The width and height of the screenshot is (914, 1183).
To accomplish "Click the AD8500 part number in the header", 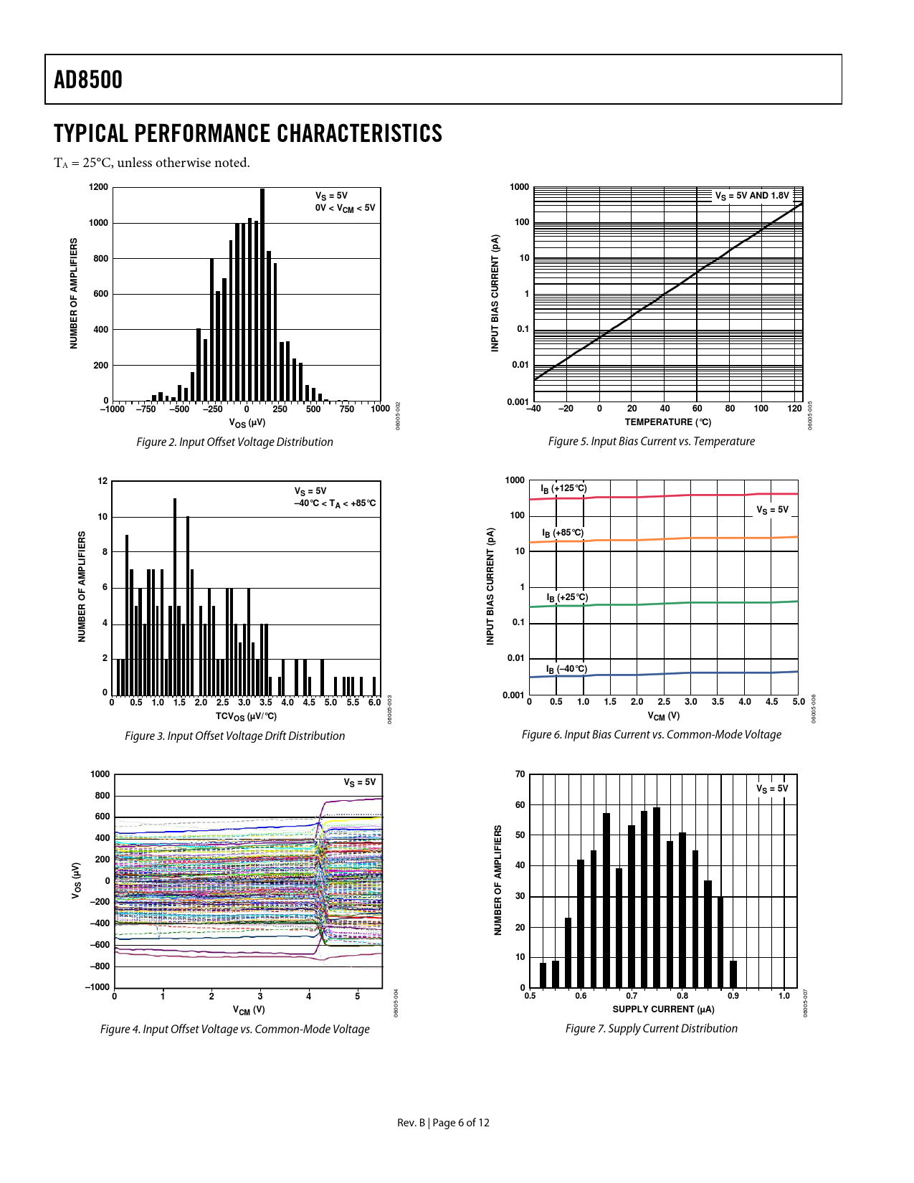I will pos(88,80).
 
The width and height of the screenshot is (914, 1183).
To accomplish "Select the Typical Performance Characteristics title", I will pos(248,134).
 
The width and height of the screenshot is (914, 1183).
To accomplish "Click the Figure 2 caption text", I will pos(234,442).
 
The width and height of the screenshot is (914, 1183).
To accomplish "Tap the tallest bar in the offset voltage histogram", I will pos(262,294).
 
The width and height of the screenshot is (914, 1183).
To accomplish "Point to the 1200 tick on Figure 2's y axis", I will pos(99,187).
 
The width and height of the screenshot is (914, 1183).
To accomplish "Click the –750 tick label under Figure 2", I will pos(146,409).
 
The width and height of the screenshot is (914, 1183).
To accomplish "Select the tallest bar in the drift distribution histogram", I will pos(175,595).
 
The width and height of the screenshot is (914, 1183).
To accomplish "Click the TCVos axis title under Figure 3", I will pos(246,716).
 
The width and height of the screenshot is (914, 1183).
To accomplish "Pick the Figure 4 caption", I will pos(234,1029).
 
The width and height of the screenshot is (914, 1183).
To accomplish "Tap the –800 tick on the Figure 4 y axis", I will pos(100,966).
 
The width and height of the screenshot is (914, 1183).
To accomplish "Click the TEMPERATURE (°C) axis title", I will pos(667,422).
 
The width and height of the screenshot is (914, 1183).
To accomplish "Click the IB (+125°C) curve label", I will pos(564,489).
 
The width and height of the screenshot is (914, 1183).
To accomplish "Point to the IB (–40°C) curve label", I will pos(566,669).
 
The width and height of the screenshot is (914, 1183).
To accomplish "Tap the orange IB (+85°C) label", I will pos(563,533).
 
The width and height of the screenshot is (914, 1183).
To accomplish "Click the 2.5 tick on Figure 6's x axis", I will pos(664,702).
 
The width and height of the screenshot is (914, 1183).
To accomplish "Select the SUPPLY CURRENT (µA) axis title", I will pos(663,1009).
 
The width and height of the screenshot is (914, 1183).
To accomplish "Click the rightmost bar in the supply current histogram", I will pos(733,974).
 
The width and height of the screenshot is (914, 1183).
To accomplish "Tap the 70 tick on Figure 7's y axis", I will pos(520,774).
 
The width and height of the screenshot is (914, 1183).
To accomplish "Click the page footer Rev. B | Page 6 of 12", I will pos(443,1123).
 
